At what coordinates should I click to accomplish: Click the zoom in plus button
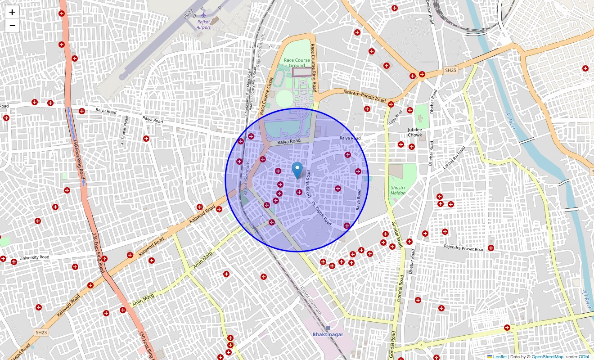coord(12,12)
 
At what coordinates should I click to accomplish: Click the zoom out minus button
coord(12,26)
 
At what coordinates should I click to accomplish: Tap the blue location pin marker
coord(297,171)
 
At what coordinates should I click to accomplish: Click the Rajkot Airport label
coord(203,24)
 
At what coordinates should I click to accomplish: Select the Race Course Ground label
coord(297,63)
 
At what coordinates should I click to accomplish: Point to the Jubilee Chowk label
coord(415,132)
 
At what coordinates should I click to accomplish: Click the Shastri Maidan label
coord(398,190)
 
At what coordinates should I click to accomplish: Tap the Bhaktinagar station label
coord(328,334)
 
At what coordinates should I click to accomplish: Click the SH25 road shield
coord(450,70)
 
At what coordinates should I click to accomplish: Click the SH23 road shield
coord(41,333)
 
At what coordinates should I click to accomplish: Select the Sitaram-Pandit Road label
coord(365,95)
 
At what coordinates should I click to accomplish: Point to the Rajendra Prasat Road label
coord(464,248)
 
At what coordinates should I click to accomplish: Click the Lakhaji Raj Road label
coord(454,158)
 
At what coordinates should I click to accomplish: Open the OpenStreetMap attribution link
coord(547,357)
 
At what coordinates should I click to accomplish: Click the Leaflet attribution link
coord(499,357)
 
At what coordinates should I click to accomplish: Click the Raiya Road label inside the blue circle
coord(288,141)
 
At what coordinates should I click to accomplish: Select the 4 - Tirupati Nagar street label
coord(123,130)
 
